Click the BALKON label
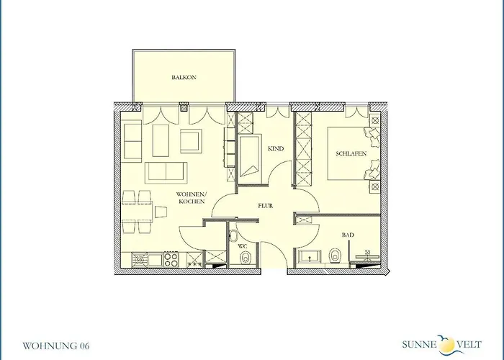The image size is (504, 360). (x=184, y=77)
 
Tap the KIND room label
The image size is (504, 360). (x=276, y=148)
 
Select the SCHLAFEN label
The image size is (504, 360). (x=351, y=153)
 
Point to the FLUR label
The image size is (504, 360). (x=266, y=206)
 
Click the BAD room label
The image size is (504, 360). (x=348, y=235)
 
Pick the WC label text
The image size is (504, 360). (x=243, y=246)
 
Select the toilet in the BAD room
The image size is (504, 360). (x=335, y=256)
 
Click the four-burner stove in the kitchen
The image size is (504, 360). (x=171, y=259)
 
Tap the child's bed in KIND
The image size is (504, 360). (x=251, y=156)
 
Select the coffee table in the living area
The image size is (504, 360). (x=161, y=140)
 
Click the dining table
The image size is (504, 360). (x=138, y=212)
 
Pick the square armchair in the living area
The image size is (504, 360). (x=192, y=141)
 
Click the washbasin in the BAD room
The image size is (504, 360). (x=309, y=256)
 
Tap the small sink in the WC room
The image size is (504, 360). (x=232, y=236)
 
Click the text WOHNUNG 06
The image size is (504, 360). (x=55, y=346)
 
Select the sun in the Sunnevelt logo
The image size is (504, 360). (x=446, y=346)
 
